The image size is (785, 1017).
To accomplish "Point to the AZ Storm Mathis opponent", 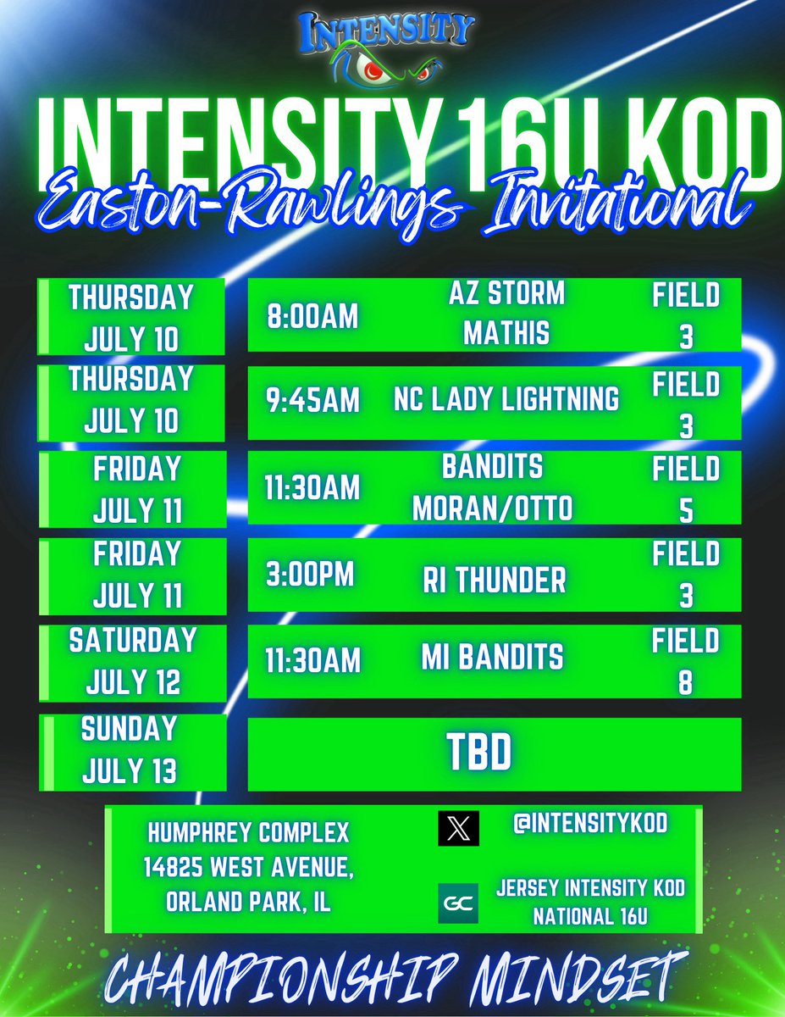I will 506,314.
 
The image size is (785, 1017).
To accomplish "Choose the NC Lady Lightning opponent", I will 506,399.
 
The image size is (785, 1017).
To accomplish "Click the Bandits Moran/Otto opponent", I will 493,486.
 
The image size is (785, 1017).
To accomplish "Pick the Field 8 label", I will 686,661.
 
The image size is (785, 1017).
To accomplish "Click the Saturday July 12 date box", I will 132,661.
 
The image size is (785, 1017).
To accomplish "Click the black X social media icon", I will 458,828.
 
